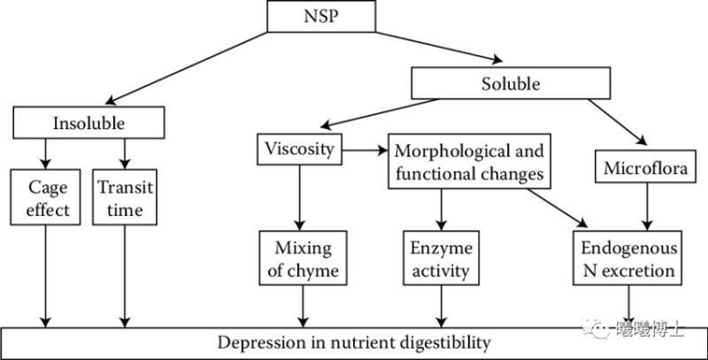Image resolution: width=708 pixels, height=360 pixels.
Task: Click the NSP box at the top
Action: tap(315, 15)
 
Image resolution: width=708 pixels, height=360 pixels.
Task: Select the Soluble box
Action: tap(511, 85)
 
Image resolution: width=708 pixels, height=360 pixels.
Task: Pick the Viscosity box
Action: tap(300, 149)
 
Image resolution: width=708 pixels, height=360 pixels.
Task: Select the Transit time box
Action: tap(124, 200)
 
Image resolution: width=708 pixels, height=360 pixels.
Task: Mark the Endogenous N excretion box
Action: tap(629, 258)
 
